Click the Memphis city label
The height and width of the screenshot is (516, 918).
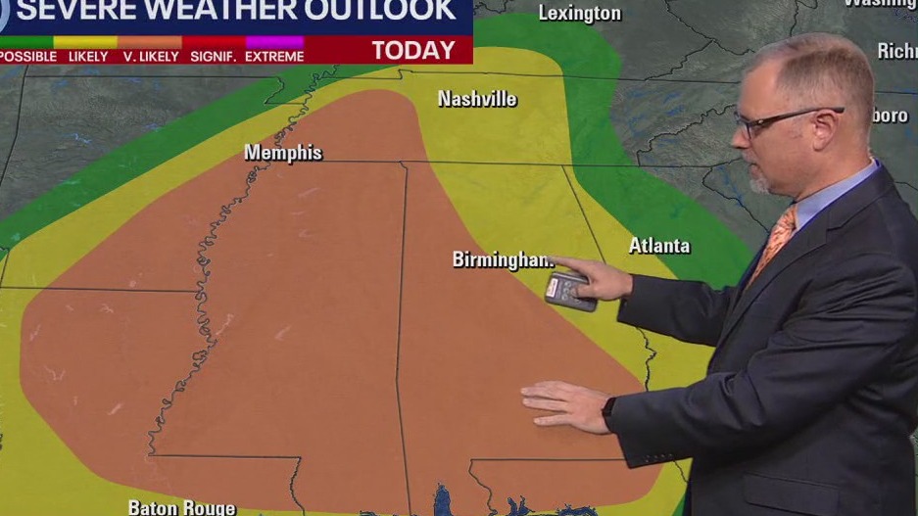[282, 154]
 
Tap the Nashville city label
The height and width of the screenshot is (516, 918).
[477, 99]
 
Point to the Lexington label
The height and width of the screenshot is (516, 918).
[580, 14]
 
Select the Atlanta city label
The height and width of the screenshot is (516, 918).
[659, 246]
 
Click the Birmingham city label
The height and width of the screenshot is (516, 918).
[500, 259]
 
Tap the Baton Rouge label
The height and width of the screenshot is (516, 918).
[181, 507]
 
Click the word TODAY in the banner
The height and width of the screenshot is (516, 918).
[413, 51]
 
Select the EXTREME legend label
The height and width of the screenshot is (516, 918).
[274, 57]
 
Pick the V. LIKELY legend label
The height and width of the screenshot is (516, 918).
[152, 57]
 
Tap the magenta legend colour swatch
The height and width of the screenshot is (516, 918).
[274, 42]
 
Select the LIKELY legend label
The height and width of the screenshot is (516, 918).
[87, 57]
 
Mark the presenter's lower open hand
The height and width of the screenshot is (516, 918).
[565, 403]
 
